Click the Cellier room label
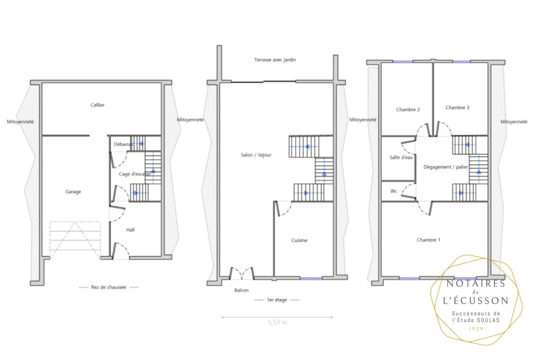(x=98, y=105)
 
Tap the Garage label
(x=73, y=192)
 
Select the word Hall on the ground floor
(x=130, y=230)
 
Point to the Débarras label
(x=123, y=144)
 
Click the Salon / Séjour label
(x=256, y=155)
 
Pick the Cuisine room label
(x=299, y=240)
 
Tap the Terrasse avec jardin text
(x=275, y=60)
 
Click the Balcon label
(x=241, y=290)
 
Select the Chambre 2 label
(x=408, y=109)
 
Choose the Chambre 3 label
(x=457, y=108)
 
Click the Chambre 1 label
(x=428, y=240)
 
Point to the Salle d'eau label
(x=401, y=157)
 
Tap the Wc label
(x=393, y=191)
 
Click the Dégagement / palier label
(x=446, y=167)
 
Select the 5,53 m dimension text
(x=278, y=322)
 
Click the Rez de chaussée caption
(x=108, y=288)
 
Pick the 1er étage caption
(x=277, y=300)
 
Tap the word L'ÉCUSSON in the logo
(x=476, y=301)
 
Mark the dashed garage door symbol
(x=75, y=240)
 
